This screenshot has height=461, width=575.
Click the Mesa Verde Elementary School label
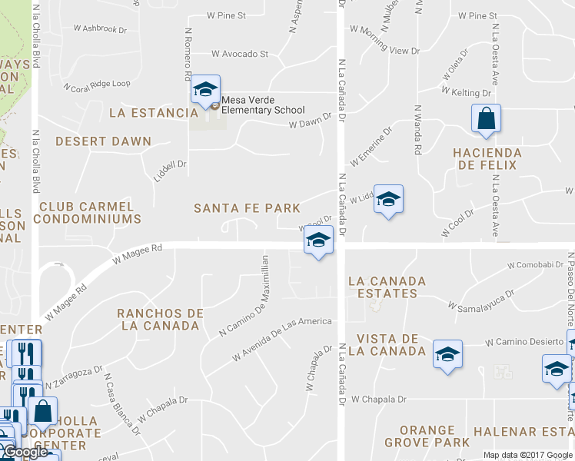click(263, 105)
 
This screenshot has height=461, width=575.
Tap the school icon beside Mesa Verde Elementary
click(205, 89)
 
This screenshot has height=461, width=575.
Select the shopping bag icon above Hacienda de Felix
click(486, 118)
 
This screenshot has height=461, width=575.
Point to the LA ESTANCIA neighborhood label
click(154, 113)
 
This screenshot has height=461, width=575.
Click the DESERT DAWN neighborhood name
click(103, 141)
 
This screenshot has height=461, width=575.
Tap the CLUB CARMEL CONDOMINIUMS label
click(90, 213)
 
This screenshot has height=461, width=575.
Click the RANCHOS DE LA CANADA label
click(160, 320)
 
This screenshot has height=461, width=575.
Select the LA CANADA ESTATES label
click(393, 287)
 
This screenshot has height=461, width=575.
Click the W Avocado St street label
click(240, 55)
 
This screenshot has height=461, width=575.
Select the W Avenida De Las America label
click(282, 340)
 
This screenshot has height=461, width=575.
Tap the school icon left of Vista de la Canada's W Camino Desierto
click(447, 354)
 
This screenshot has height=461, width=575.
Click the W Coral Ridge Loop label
click(97, 85)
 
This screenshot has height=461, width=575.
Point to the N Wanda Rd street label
click(417, 130)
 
